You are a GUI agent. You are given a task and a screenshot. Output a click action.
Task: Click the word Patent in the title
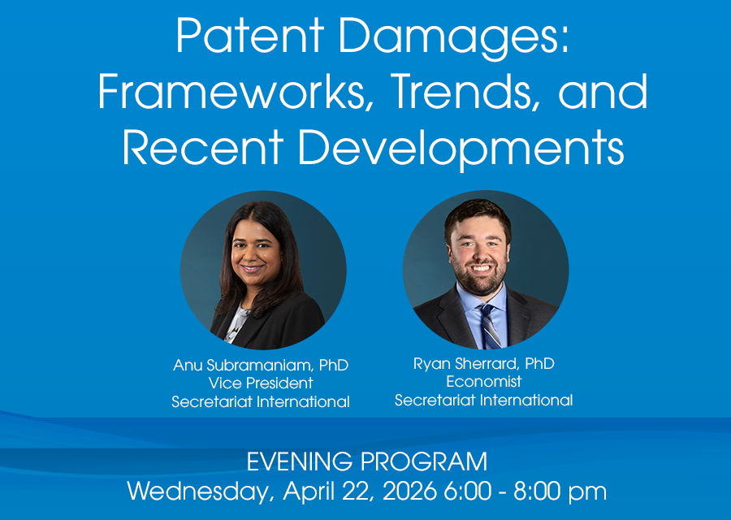coord(250,36)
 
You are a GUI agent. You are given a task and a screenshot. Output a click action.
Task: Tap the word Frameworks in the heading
coord(230,91)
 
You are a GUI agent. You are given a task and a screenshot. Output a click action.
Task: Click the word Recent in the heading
coord(203,146)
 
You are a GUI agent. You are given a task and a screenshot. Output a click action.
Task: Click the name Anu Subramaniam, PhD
coord(261,365)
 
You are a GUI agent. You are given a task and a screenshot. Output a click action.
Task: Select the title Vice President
coord(261,383)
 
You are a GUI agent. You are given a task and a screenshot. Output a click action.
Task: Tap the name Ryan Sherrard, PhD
coord(484,364)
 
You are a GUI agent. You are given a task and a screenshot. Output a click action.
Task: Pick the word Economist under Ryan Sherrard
coord(484,382)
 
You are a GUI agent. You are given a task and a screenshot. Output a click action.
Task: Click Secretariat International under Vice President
coord(261,401)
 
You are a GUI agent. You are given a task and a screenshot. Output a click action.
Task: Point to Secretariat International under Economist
coord(484,400)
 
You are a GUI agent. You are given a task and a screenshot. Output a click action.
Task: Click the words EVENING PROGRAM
coord(367,461)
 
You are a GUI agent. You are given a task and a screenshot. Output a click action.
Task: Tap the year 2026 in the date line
coord(410,491)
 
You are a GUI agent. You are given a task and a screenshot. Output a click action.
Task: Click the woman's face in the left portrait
coord(254,253)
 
